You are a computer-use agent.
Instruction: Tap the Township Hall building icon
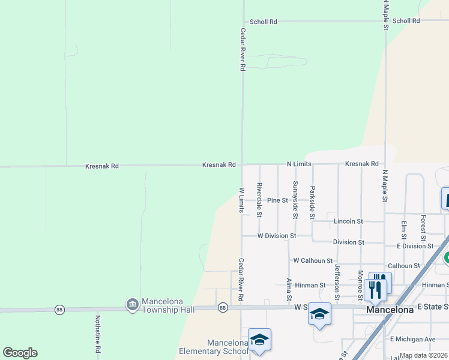tap(131, 305)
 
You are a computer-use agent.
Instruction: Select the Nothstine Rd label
tap(97, 334)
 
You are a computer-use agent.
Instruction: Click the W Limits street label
tap(242, 200)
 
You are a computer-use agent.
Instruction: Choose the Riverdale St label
tap(259, 200)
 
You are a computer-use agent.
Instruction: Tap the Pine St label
tap(278, 200)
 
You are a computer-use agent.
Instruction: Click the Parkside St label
tap(312, 202)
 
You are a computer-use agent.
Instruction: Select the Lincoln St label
tap(348, 221)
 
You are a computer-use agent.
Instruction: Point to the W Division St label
tap(277, 236)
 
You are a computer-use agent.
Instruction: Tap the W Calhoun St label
tap(313, 260)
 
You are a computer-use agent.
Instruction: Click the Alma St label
tap(289, 289)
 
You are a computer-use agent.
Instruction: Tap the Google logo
tap(20, 353)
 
